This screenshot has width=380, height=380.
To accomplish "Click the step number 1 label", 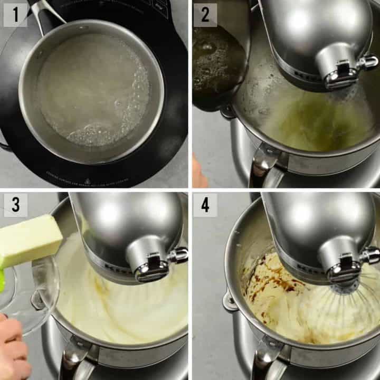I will (15, 14).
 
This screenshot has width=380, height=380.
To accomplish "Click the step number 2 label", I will (205, 14).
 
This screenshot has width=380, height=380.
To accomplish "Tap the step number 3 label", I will (15, 205).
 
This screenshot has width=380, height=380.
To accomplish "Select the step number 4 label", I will (205, 205).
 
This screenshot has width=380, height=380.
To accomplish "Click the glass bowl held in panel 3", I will (32, 296).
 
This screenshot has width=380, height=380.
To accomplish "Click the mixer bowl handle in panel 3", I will (71, 359).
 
